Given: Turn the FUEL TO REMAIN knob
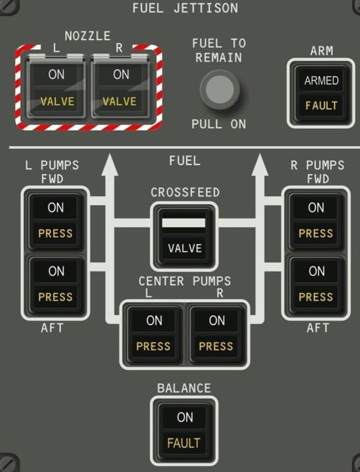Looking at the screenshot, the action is pos(220,89).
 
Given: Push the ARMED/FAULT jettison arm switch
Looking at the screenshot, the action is pos(321,94).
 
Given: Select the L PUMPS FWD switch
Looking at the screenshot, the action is pos(55,222).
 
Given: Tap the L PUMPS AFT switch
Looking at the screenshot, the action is pos(55,285).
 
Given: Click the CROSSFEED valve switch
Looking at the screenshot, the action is pos(184,235).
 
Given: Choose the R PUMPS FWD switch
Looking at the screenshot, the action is pos(316,222).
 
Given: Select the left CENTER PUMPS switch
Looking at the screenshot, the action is pos(154,334).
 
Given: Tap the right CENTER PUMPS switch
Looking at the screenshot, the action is pos(216,334).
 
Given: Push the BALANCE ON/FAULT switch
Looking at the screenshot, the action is pos(184,431).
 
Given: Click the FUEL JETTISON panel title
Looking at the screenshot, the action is pos(185,8).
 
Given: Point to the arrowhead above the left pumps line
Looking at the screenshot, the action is pos(110,165).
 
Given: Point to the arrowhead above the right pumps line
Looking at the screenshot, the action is pos(260,165).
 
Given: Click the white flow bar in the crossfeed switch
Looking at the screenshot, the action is pos(184,223).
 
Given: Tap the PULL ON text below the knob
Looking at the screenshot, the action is pos(219,124).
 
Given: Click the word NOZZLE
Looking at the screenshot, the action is pos(88,36).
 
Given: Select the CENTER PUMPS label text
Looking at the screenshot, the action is pos(185,281).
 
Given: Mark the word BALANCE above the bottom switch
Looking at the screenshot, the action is pos(184,388).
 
